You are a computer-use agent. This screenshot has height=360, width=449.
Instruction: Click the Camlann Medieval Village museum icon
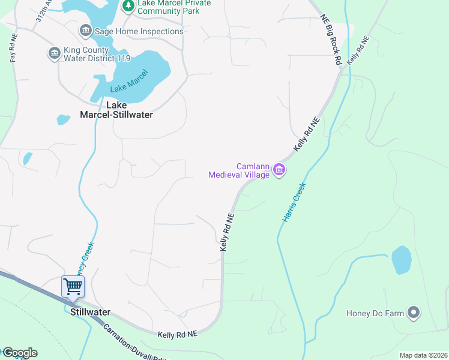tap(279, 170)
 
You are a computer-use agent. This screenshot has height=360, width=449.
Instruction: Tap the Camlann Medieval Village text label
tap(239, 170)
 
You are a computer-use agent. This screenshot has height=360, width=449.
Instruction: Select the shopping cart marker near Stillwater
tap(73, 287)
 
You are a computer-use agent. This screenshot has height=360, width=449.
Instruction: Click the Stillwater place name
tap(90, 312)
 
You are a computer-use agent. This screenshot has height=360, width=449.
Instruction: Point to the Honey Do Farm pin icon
tap(413, 313)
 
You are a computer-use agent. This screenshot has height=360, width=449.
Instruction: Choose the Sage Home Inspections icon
tap(85, 31)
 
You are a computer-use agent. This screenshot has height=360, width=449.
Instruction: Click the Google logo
tap(19, 353)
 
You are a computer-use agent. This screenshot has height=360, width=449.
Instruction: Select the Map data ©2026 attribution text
tap(423, 355)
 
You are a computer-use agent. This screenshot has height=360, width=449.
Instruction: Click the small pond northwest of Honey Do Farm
tap(401, 260)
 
